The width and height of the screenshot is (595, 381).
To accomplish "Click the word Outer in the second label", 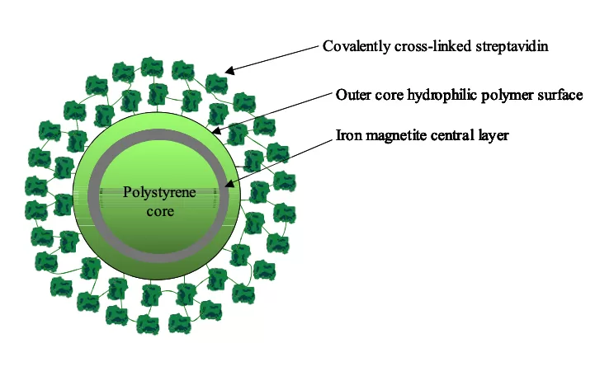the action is coord(350,94).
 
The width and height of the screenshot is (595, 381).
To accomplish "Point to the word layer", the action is coord(493,136).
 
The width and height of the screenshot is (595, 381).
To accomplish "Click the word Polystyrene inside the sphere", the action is coord(159,193).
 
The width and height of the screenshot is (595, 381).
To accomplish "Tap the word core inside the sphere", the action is coord(160,211).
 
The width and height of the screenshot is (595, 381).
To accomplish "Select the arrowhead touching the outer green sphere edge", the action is coord(215,130).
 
